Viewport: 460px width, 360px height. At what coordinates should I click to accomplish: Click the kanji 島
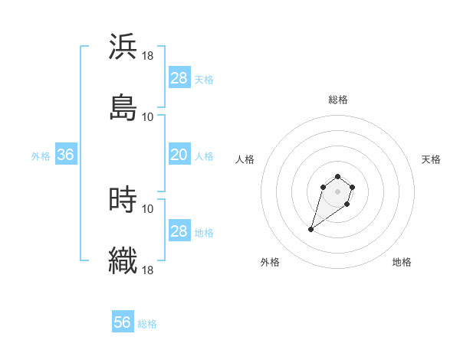tap(123, 107)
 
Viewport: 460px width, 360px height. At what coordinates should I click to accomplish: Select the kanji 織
tap(123, 260)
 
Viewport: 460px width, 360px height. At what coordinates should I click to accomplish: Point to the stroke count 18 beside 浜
tap(148, 56)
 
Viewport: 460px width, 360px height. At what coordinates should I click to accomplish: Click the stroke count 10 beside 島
tap(148, 117)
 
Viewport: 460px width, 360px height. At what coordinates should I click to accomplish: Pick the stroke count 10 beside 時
tap(148, 208)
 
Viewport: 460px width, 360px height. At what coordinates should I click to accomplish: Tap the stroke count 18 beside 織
tap(148, 270)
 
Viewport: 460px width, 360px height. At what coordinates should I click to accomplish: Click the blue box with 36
tap(65, 155)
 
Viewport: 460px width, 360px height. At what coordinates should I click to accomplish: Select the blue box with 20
tap(179, 155)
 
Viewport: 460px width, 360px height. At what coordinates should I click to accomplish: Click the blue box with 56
tap(122, 322)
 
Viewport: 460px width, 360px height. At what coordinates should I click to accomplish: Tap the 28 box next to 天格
tap(179, 78)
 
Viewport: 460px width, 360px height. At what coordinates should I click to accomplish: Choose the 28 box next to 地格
tap(179, 231)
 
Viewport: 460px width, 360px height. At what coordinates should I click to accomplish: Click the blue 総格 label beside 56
tap(147, 324)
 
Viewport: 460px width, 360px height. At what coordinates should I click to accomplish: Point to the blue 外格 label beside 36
tap(41, 156)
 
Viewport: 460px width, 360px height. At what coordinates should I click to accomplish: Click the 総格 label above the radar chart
tap(337, 100)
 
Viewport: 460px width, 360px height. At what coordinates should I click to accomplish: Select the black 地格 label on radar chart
tap(402, 263)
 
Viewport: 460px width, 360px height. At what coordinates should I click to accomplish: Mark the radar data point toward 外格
tap(310, 229)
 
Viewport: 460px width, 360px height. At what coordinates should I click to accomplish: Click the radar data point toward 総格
tap(337, 175)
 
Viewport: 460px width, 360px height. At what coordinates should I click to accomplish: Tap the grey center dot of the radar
tap(337, 191)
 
